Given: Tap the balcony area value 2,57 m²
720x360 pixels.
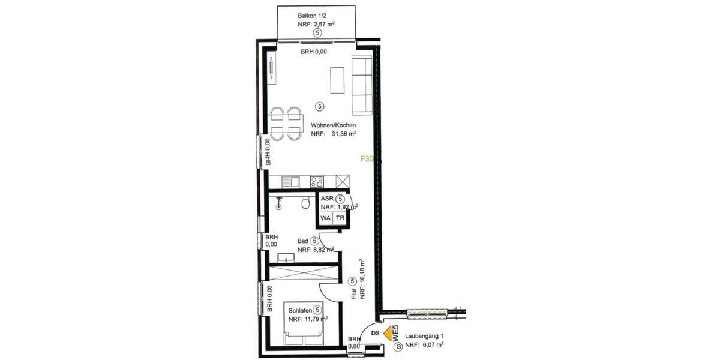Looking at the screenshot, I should pos(325,25).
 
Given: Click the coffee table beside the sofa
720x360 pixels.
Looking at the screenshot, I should pos(338,80).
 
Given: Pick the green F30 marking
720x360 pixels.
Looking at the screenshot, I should pos(367,160).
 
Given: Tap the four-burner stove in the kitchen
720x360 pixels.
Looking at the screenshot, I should pos(317,181).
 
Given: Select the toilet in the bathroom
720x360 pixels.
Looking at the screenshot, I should pos(307,203).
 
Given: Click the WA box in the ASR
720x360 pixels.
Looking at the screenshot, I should pos(325,218).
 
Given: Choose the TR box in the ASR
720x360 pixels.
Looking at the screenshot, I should pos(340,218).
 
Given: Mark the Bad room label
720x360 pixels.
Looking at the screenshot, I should pos(303,241).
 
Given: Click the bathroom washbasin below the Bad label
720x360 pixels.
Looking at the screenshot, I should pos(286,259).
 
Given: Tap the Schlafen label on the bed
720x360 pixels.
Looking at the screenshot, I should pos(300,310).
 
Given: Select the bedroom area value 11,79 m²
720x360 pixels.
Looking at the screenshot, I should pos(308,319).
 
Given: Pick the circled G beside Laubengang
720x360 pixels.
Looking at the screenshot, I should pos(397,346).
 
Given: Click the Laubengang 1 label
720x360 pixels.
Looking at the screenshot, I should pos(424,336).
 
